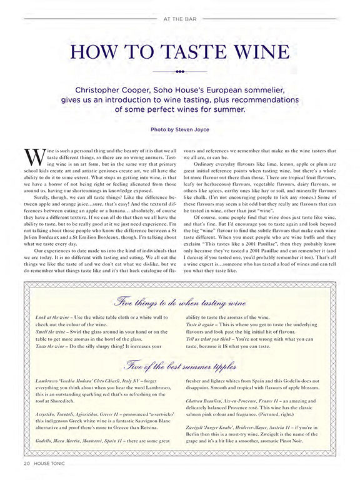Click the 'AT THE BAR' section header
[180, 18]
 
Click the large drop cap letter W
[34, 159]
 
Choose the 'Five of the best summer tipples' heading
[180, 364]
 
